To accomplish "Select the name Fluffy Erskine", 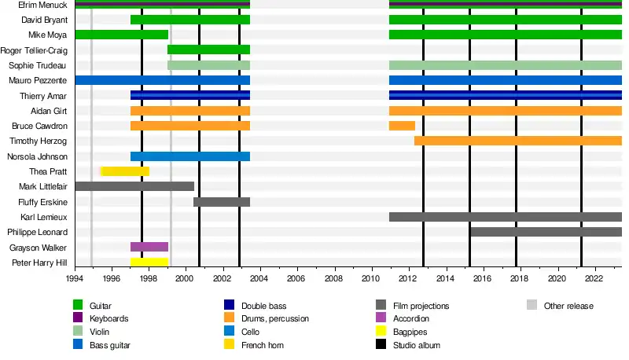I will click(42, 202).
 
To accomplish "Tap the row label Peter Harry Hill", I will click(39, 263).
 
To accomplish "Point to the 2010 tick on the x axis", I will click(370, 278).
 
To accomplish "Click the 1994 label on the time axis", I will click(75, 278).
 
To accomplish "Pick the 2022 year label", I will click(594, 278).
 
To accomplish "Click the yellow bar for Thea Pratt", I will click(126, 171).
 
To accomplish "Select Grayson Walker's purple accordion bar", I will click(149, 247).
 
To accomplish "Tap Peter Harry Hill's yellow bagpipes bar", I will click(149, 262).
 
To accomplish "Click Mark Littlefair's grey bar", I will click(134, 186).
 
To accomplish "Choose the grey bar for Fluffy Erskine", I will click(222, 202).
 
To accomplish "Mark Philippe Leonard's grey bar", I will click(546, 232).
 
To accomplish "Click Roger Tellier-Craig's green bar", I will click(208, 50).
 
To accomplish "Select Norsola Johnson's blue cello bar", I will click(190, 156).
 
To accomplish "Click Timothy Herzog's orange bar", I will click(518, 141).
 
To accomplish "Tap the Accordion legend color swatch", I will click(381, 318).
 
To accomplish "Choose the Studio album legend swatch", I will click(381, 345).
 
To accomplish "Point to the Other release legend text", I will click(568, 306).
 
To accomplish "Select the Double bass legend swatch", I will click(229, 306).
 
